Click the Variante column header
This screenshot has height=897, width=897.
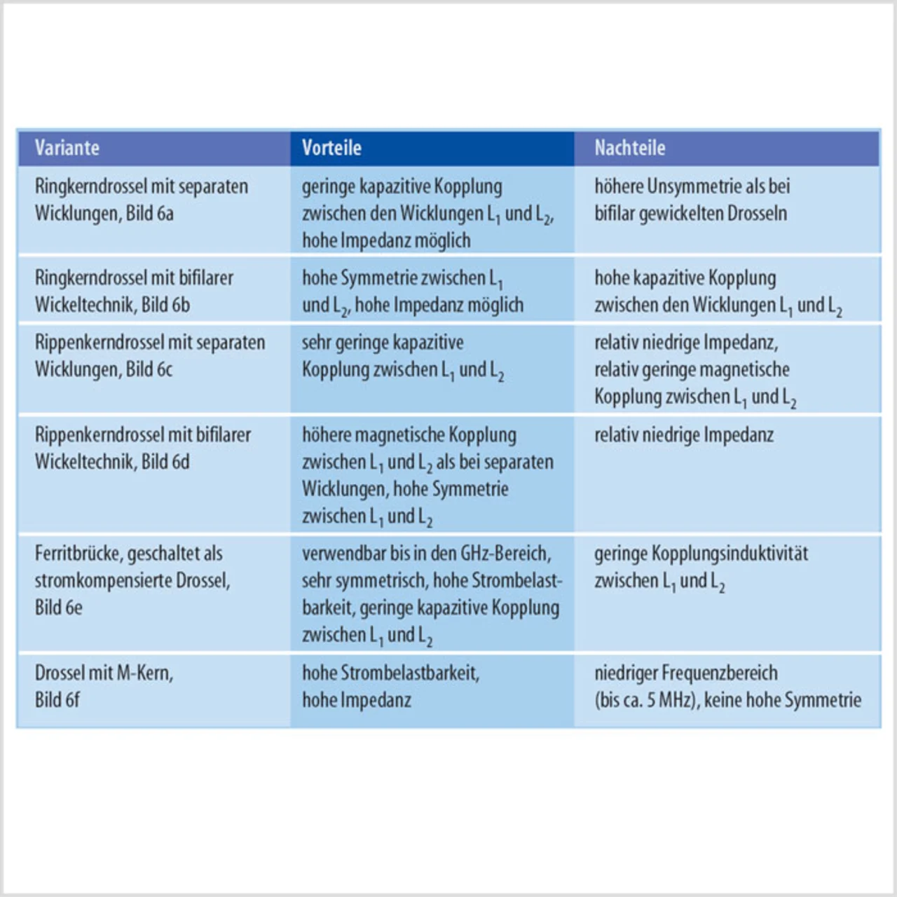67,148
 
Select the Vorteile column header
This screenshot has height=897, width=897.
331,148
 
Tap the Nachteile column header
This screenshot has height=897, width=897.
629,148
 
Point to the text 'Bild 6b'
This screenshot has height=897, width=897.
165,305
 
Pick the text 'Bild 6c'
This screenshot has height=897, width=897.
149,369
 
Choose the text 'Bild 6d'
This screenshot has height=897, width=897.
165,462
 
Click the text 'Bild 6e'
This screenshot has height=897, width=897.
59,608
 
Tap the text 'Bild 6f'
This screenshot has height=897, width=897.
57,699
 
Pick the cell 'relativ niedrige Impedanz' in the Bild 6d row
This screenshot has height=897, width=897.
684,435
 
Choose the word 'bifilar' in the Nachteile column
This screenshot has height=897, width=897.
614,214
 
